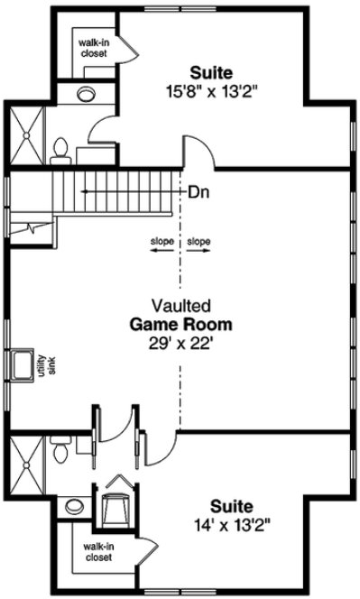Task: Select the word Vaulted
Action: [x=180, y=306]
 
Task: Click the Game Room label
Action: [x=180, y=324]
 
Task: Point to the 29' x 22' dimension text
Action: [x=180, y=342]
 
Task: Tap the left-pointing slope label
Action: [x=162, y=242]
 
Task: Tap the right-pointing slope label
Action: [x=198, y=242]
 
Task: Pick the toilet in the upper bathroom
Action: [x=61, y=149]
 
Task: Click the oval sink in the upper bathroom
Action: [x=88, y=93]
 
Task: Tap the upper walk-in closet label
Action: [x=92, y=48]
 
